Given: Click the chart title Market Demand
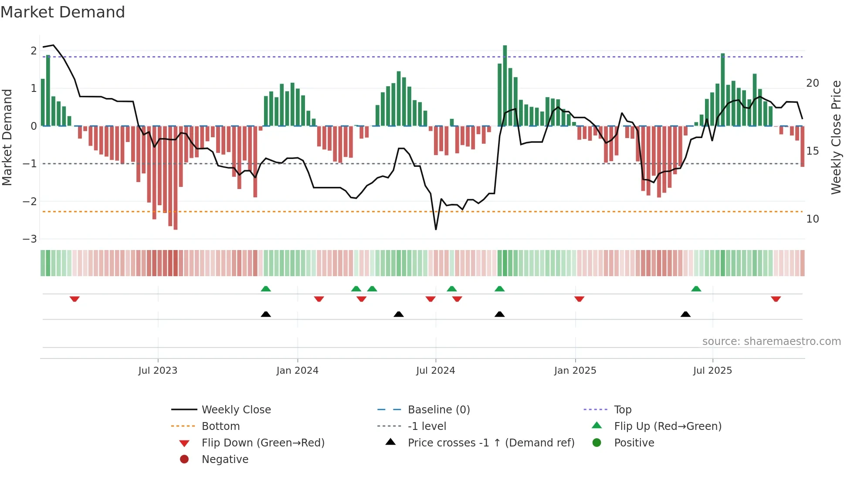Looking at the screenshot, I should [x=63, y=12].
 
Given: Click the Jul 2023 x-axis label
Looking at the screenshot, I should [x=158, y=371].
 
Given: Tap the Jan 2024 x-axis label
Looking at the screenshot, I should [x=298, y=371].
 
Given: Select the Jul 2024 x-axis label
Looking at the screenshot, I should [x=436, y=371].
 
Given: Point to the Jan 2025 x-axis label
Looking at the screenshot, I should [x=575, y=371].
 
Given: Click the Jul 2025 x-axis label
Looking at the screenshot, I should [x=713, y=371].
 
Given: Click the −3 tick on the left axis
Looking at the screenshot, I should [x=30, y=239].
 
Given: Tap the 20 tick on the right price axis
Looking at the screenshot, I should [x=813, y=83].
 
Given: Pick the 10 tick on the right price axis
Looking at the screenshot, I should [x=813, y=219].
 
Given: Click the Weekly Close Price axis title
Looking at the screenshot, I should [x=836, y=137].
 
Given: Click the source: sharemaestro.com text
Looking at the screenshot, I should [x=771, y=341].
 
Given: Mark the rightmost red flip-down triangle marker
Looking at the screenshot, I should [x=776, y=299].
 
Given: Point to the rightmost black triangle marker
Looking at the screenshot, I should [x=685, y=314].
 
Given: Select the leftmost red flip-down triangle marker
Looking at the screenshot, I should [x=75, y=299].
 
